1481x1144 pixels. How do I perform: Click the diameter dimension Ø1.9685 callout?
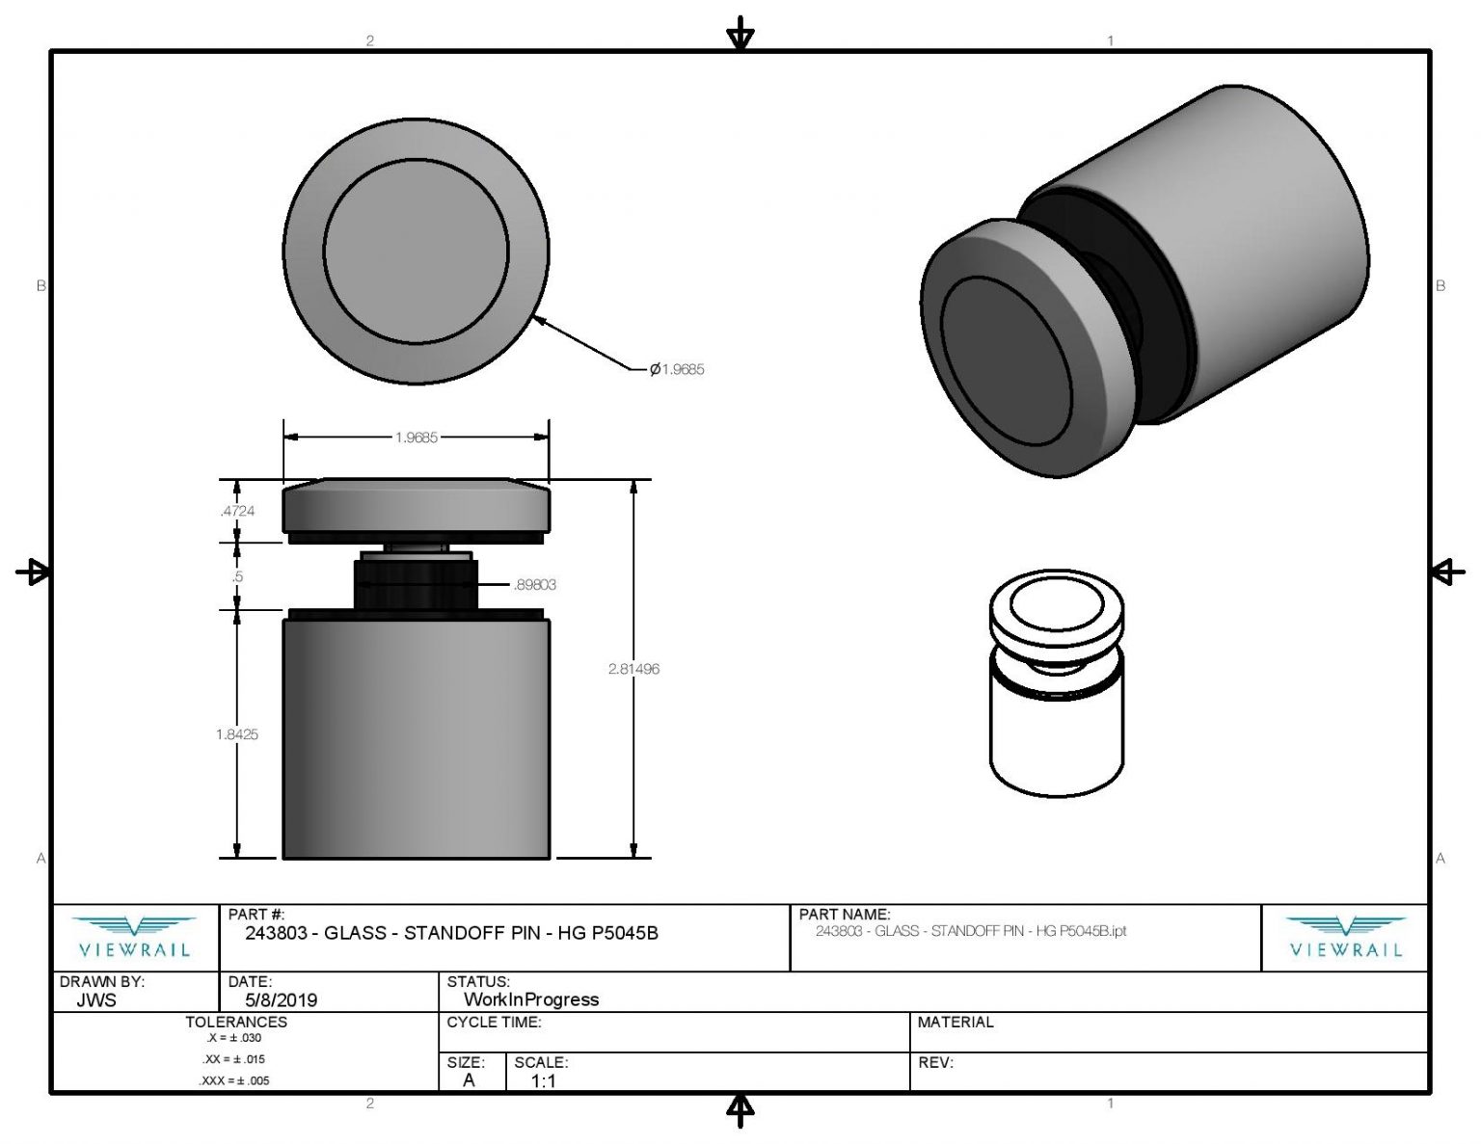tap(677, 369)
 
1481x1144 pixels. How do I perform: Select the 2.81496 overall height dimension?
tap(633, 669)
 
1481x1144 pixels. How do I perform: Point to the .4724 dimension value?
tap(237, 511)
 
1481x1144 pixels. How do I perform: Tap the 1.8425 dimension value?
tap(237, 734)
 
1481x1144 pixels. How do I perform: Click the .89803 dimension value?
tap(535, 584)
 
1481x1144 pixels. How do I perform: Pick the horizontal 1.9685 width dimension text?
tap(417, 438)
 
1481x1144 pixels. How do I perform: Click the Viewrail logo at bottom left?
tap(134, 938)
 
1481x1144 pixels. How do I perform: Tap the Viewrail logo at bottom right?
tap(1345, 938)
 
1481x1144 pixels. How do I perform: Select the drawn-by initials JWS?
tap(96, 1000)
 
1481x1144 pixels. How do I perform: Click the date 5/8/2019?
tap(282, 1000)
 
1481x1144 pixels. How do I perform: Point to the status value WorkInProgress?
tap(531, 999)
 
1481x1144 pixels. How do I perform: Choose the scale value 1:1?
tap(543, 1080)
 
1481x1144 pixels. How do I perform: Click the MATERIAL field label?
tap(956, 1023)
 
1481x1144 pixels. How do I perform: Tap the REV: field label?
tap(936, 1062)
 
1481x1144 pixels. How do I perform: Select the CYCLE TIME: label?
tap(494, 1023)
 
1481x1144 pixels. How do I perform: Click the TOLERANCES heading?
tap(236, 1023)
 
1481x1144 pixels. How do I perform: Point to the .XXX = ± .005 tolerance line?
tap(234, 1080)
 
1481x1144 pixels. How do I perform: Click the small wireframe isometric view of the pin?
tap(1057, 683)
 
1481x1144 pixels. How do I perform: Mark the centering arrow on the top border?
tap(740, 34)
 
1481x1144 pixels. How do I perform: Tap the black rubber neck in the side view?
tap(416, 584)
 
